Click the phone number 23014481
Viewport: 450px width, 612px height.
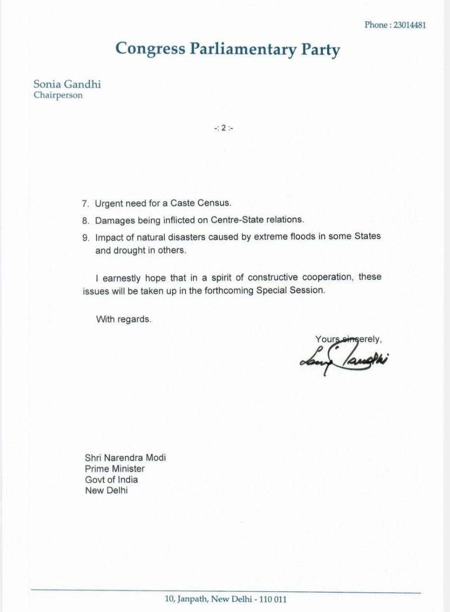coord(409,25)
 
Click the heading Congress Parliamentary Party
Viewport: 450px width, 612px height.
coord(228,49)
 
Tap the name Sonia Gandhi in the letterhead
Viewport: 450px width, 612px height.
coord(67,84)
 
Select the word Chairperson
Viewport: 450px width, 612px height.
coord(58,95)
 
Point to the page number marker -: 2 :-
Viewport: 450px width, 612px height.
coord(224,128)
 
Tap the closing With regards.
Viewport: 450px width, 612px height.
coord(124,319)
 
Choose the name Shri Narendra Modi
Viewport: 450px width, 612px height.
coord(125,457)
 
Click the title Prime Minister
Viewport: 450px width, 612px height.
coord(115,468)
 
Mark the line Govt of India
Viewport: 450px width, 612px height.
coord(111,479)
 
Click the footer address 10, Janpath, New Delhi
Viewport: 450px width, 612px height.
coord(226,599)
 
